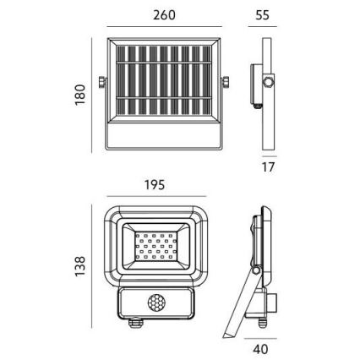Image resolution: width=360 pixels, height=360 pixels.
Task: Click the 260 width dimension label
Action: pos(164,15)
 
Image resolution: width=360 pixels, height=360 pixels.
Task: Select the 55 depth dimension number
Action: pos(262,15)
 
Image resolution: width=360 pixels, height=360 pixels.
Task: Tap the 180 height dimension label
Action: pos(80,95)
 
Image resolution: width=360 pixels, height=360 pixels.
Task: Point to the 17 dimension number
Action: pos(268,167)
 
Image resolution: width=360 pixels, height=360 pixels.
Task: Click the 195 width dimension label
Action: pos(155,185)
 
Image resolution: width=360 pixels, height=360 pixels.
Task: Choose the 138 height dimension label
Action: pos(80,266)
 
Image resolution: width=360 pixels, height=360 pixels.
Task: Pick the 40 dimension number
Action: pos(260,350)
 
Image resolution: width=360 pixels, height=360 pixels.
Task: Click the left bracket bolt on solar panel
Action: pos(101,82)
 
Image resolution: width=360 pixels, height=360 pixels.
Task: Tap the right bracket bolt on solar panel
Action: pos(226,82)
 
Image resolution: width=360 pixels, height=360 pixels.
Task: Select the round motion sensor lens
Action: pos(156,303)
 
